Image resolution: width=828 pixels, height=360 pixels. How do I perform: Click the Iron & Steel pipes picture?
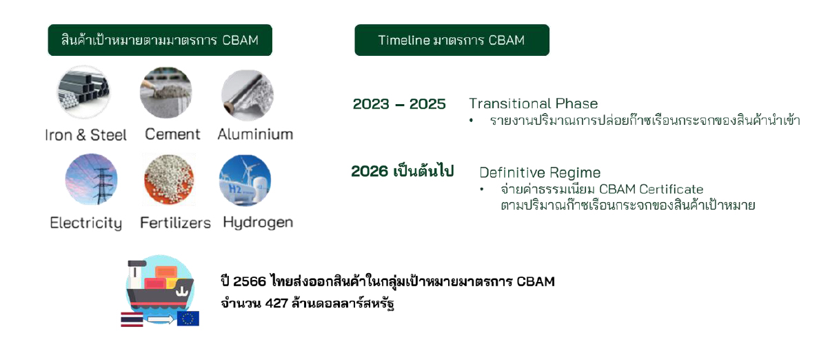(x=83, y=92)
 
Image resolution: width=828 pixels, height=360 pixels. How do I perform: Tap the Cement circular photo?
(x=166, y=92)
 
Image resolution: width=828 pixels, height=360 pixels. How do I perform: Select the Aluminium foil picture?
(x=248, y=95)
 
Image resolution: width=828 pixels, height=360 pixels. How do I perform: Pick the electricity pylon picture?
(x=91, y=179)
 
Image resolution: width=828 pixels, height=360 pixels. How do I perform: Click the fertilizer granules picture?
(x=169, y=179)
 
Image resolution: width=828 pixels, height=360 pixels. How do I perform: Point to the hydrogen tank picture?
(x=245, y=180)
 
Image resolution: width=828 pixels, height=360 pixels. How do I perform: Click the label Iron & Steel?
(x=85, y=135)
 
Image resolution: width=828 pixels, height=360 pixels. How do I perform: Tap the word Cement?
(x=172, y=134)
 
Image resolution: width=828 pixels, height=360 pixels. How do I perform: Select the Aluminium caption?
(x=255, y=134)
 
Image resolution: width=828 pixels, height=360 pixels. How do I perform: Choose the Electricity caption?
(x=85, y=223)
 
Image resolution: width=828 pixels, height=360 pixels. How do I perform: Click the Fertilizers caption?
(x=175, y=223)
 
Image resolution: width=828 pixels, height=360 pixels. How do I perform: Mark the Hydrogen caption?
(x=258, y=223)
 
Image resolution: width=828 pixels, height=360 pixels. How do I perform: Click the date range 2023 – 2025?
(x=399, y=104)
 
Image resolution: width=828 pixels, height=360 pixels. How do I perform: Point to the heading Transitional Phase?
(x=534, y=103)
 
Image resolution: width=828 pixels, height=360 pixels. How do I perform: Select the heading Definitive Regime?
(x=540, y=172)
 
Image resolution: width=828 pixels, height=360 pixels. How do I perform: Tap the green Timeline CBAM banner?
(x=452, y=40)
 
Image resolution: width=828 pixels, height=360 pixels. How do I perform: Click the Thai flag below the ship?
(x=132, y=319)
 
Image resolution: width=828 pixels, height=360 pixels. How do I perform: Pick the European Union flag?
(x=188, y=319)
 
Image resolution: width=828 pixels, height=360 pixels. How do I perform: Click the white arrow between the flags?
(x=161, y=319)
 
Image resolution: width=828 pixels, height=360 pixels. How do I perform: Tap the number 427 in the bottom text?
(x=276, y=303)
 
